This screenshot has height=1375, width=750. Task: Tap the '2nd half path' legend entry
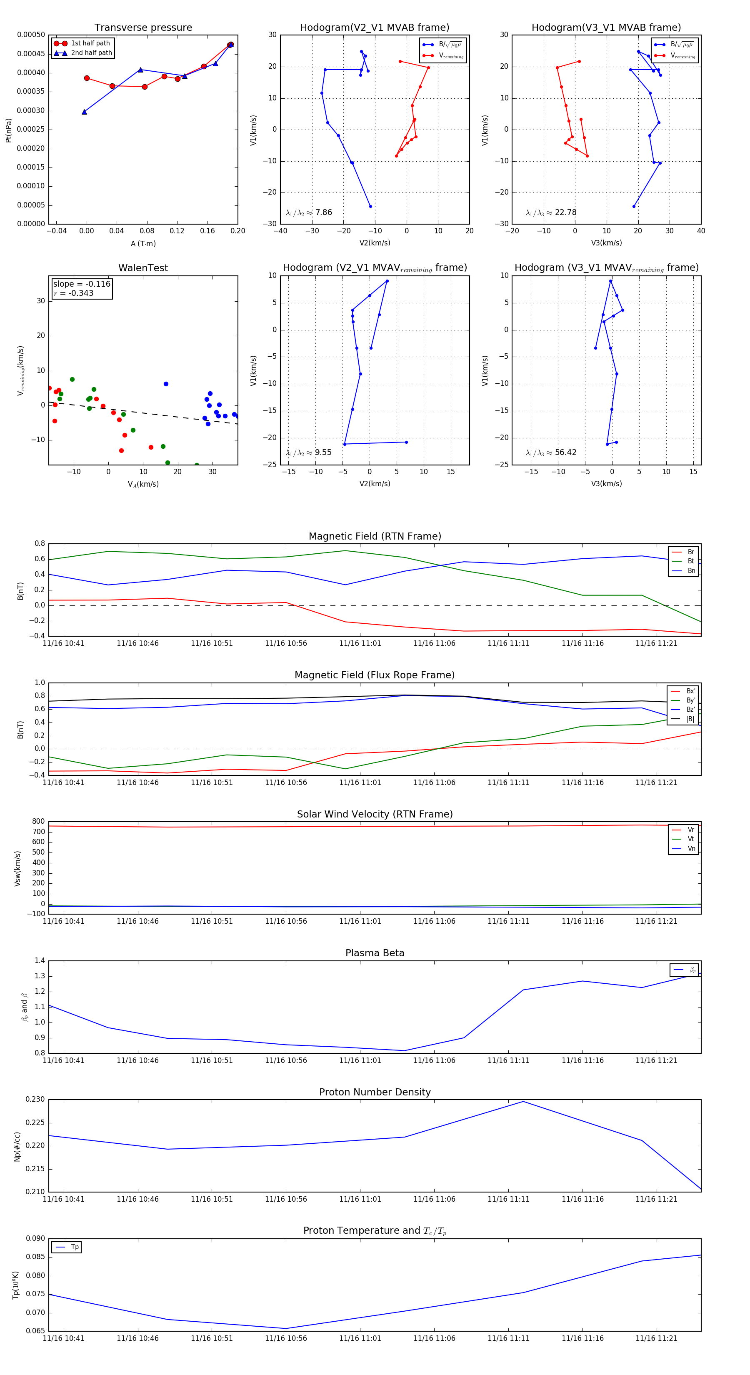[x=91, y=53]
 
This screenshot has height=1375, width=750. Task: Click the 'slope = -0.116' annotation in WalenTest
[x=82, y=284]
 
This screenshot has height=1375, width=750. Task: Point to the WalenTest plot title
[x=143, y=268]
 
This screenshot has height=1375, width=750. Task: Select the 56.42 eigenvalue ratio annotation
[x=551, y=452]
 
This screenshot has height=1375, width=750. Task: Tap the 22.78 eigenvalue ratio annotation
[x=551, y=212]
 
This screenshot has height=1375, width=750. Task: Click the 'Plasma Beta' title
[x=375, y=953]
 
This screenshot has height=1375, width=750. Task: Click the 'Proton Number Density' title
[x=375, y=1092]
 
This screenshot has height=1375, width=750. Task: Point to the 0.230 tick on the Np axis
[x=35, y=1100]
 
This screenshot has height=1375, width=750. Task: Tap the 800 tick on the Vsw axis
[x=38, y=822]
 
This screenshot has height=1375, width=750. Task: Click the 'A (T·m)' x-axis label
[x=143, y=244]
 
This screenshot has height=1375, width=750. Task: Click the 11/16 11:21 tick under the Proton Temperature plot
[x=656, y=1338]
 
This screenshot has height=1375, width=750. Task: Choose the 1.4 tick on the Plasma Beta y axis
[x=40, y=961]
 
